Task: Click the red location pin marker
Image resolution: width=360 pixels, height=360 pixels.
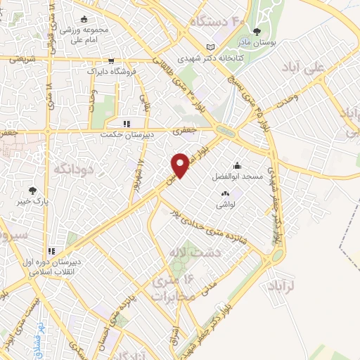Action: coord(181,165)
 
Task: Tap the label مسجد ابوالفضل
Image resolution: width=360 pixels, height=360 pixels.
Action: coord(239,177)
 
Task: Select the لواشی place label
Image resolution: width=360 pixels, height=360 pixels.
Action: coord(226,204)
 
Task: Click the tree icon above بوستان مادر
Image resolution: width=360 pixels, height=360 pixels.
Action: coord(257,32)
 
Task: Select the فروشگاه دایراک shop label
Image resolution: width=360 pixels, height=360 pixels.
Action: coord(109,71)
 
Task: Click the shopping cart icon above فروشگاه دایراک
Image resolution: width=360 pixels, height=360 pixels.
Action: coord(110,60)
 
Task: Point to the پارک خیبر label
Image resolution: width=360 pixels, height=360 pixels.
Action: coord(32,202)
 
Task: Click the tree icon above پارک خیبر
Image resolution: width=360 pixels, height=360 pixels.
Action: coord(32,190)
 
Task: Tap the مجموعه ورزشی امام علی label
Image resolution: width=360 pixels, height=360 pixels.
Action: coord(84,34)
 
